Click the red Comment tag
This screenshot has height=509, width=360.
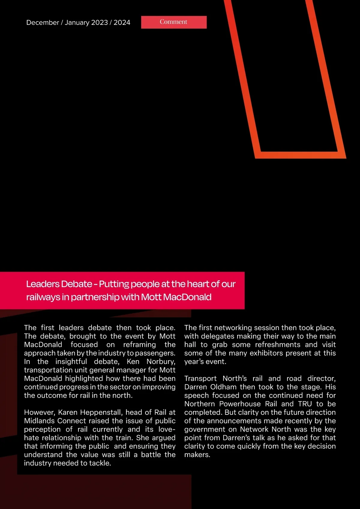pos(174,22)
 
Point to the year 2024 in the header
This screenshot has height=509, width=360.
pos(122,23)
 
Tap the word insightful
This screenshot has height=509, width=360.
pos(71,362)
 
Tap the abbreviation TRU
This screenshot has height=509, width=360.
pos(305,404)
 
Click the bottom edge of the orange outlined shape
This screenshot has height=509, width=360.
pos(300,155)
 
